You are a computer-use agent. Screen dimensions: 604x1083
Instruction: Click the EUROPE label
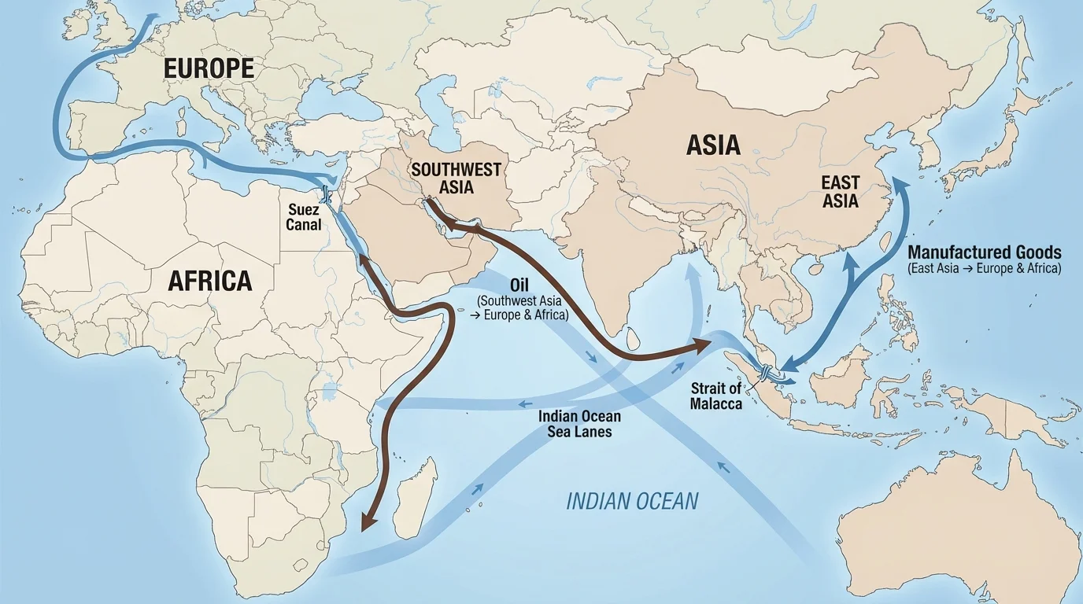click(209, 68)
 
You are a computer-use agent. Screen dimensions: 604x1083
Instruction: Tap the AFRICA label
click(211, 280)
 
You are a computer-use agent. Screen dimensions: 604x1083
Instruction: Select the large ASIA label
click(713, 145)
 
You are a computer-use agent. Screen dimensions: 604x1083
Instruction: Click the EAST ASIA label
click(841, 191)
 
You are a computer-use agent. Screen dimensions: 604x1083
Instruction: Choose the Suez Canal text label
click(304, 218)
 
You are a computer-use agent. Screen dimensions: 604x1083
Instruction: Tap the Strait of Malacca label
click(716, 396)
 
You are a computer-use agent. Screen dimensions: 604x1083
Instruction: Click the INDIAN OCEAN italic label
click(632, 501)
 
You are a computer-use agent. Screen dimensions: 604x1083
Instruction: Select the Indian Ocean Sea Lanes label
click(580, 423)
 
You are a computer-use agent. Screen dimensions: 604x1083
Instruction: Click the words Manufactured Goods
click(984, 252)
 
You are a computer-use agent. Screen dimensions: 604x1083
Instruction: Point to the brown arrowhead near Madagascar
click(365, 521)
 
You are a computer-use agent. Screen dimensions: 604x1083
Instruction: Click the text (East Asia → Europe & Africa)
click(984, 269)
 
